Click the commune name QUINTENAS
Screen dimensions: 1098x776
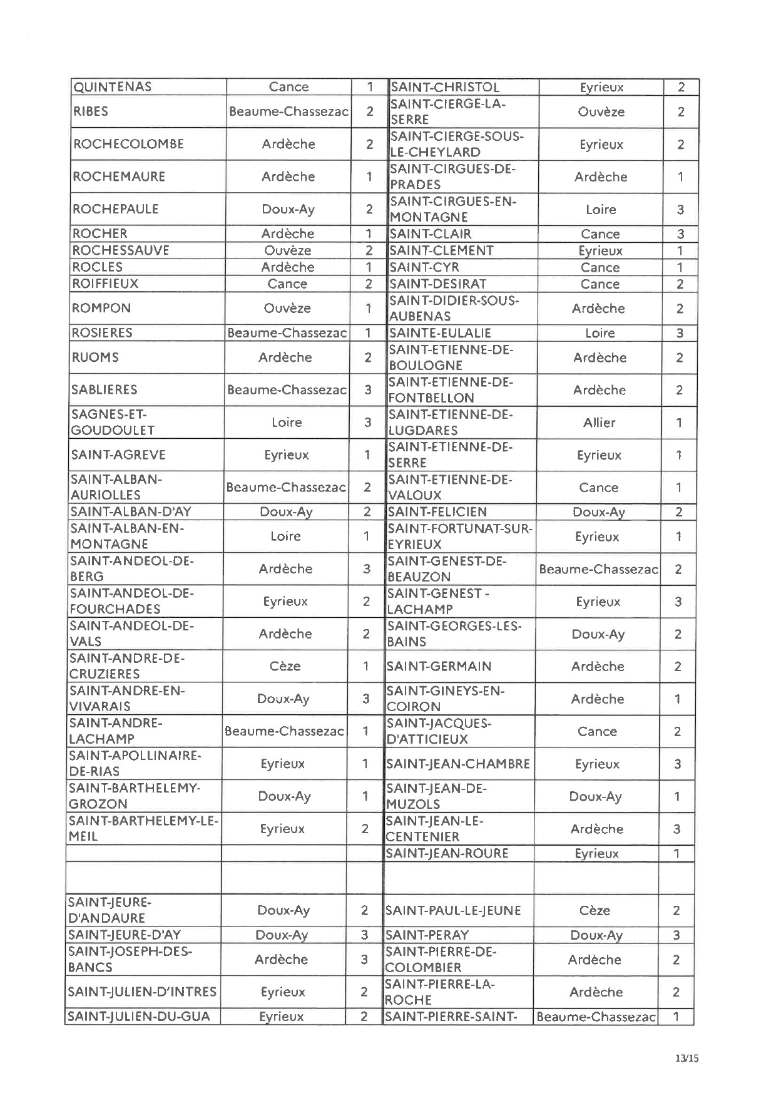(x=113, y=87)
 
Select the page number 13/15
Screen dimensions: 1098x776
(x=687, y=1058)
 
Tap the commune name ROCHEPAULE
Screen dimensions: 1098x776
(x=116, y=209)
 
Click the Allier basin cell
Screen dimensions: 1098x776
(x=599, y=423)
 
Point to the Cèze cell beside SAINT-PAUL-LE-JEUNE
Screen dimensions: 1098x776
(x=595, y=911)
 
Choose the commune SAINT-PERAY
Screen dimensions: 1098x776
(x=427, y=935)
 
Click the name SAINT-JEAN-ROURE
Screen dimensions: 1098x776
(x=447, y=853)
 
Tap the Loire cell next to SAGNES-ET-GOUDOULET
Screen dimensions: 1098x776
(x=287, y=423)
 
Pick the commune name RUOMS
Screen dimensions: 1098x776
(x=95, y=357)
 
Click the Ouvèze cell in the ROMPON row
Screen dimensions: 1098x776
(x=287, y=308)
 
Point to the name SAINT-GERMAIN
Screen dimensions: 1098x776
(x=439, y=667)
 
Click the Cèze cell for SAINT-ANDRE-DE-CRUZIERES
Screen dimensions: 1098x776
(x=285, y=666)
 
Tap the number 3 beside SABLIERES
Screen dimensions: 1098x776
(x=368, y=390)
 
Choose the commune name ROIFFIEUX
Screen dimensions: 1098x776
(x=106, y=284)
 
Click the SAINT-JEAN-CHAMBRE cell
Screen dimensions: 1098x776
(x=458, y=764)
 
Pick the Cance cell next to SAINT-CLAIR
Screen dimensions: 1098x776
(x=600, y=234)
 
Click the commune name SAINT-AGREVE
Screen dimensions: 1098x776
(x=118, y=455)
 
